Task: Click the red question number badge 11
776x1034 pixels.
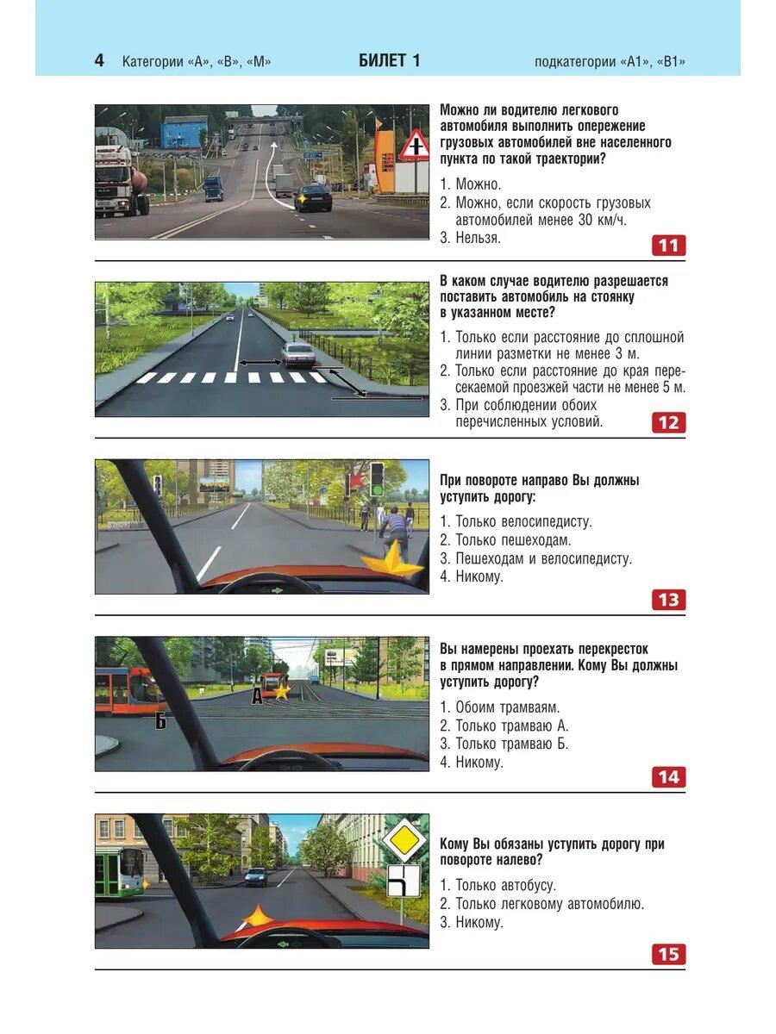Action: point(668,246)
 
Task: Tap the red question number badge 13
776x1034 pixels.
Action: point(668,600)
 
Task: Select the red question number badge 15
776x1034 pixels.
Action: point(668,954)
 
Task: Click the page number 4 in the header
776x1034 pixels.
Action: point(99,61)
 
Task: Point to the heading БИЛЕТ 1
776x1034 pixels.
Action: point(389,61)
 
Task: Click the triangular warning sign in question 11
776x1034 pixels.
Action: point(414,146)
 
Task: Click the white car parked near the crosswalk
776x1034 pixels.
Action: point(298,353)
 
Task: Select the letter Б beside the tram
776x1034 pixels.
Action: point(160,720)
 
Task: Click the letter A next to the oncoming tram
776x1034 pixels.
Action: point(256,696)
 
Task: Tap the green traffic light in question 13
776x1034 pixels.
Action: point(377,479)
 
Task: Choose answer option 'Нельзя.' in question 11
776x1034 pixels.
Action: point(478,238)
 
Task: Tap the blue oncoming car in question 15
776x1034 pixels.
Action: point(256,876)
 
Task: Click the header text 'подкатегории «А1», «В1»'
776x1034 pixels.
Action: point(610,62)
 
